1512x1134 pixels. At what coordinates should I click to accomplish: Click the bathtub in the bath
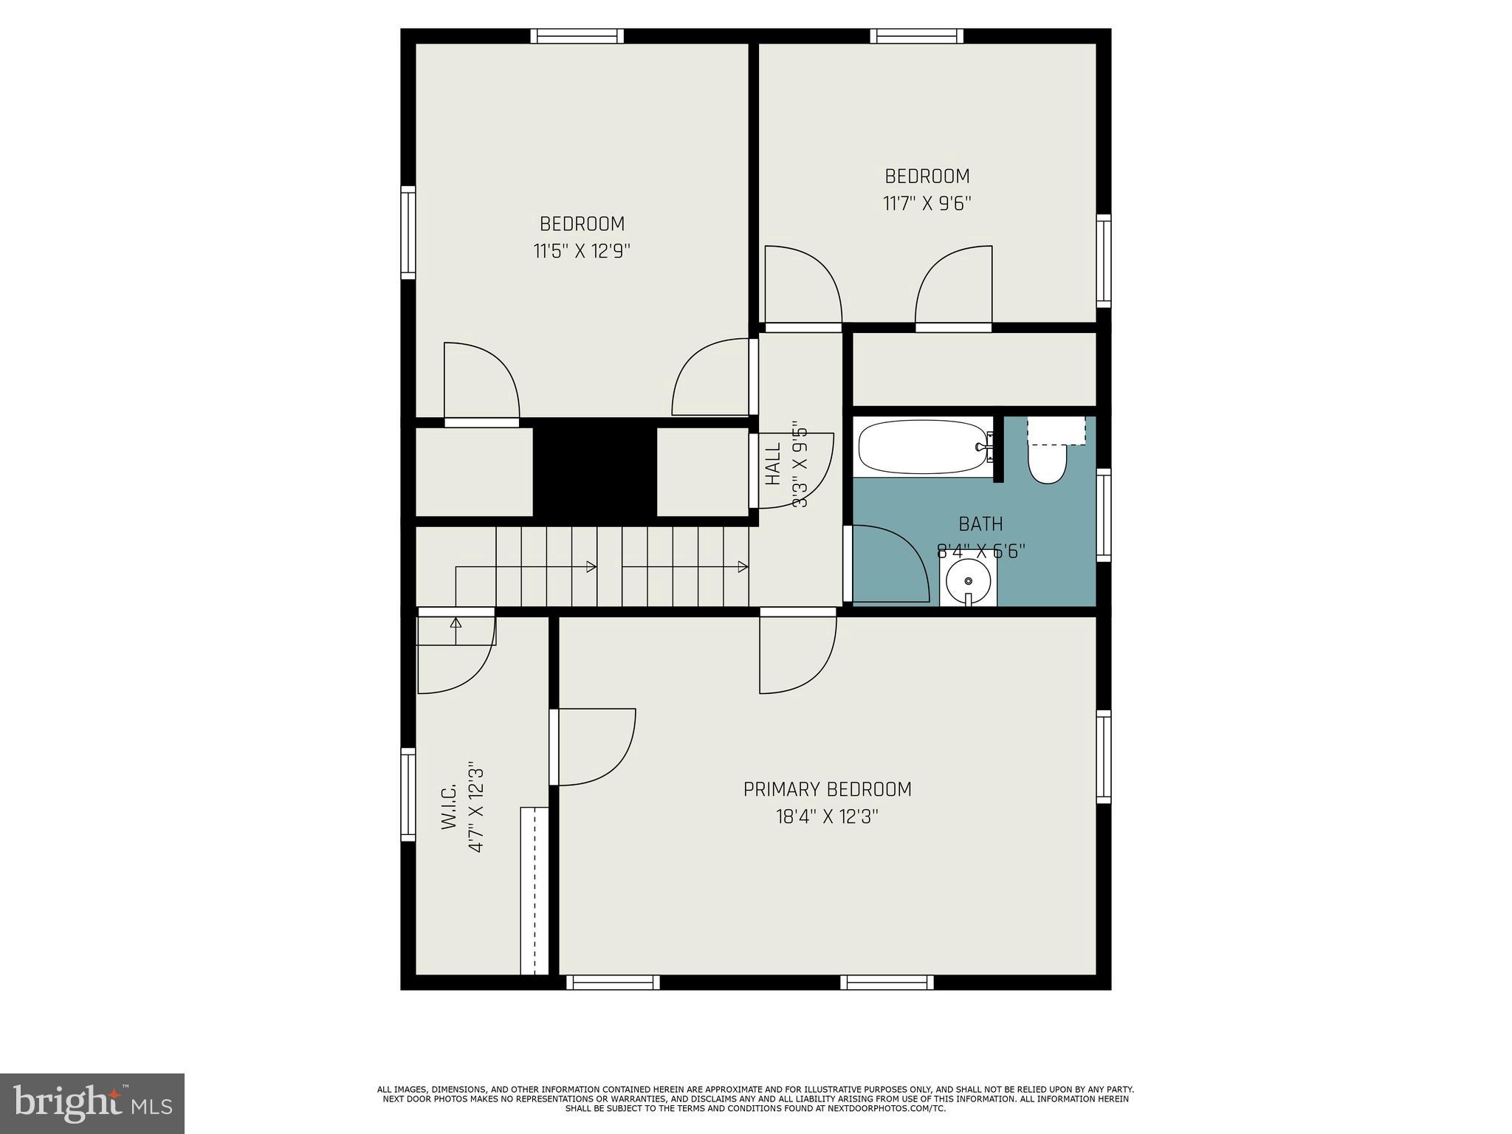[x=923, y=447]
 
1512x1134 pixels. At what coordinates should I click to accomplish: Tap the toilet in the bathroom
[x=1048, y=462]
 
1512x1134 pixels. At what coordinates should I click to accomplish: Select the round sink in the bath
[x=968, y=582]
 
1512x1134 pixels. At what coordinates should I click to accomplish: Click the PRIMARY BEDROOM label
[x=827, y=789]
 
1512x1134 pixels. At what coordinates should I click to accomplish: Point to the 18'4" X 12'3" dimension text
[x=827, y=817]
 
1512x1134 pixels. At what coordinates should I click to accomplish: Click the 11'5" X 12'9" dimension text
[x=582, y=252]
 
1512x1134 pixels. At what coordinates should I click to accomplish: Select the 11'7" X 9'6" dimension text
[x=927, y=203]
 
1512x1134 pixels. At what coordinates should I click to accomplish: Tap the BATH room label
[x=980, y=524]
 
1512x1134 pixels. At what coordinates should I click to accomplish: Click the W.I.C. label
[x=449, y=807]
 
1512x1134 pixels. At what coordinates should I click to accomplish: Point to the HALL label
[x=773, y=464]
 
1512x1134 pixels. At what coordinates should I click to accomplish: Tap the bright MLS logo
[x=92, y=1103]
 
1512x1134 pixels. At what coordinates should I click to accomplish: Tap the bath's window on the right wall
[x=1103, y=515]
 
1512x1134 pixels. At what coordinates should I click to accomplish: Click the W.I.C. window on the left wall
[x=408, y=794]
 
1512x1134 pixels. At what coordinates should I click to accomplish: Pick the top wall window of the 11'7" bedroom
[x=916, y=36]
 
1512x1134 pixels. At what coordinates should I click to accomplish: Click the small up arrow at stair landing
[x=456, y=622]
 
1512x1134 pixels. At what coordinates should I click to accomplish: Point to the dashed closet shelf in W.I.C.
[x=534, y=890]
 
